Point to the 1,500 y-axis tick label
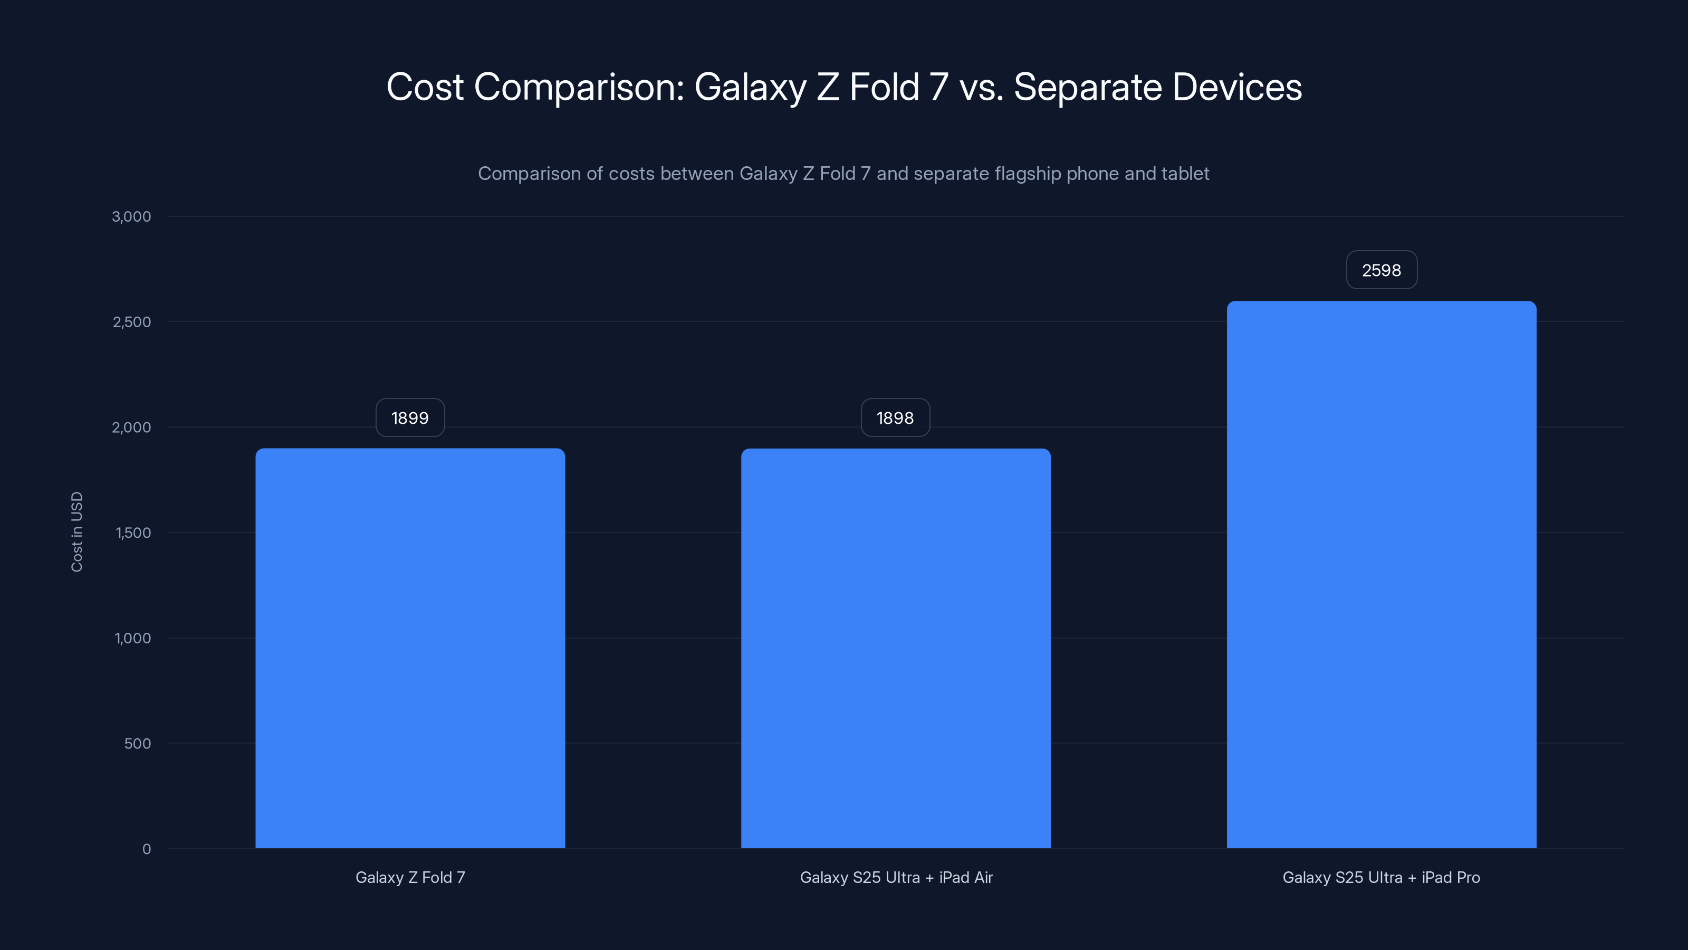pyautogui.click(x=133, y=533)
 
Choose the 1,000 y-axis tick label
pyautogui.click(x=132, y=638)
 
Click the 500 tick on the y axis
pyautogui.click(x=137, y=744)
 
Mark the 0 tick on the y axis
pyautogui.click(x=146, y=849)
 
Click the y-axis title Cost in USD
pyautogui.click(x=76, y=531)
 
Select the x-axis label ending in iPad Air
pyautogui.click(x=896, y=877)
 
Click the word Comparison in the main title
pyautogui.click(x=579, y=87)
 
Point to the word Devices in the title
pyautogui.click(x=1236, y=87)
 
